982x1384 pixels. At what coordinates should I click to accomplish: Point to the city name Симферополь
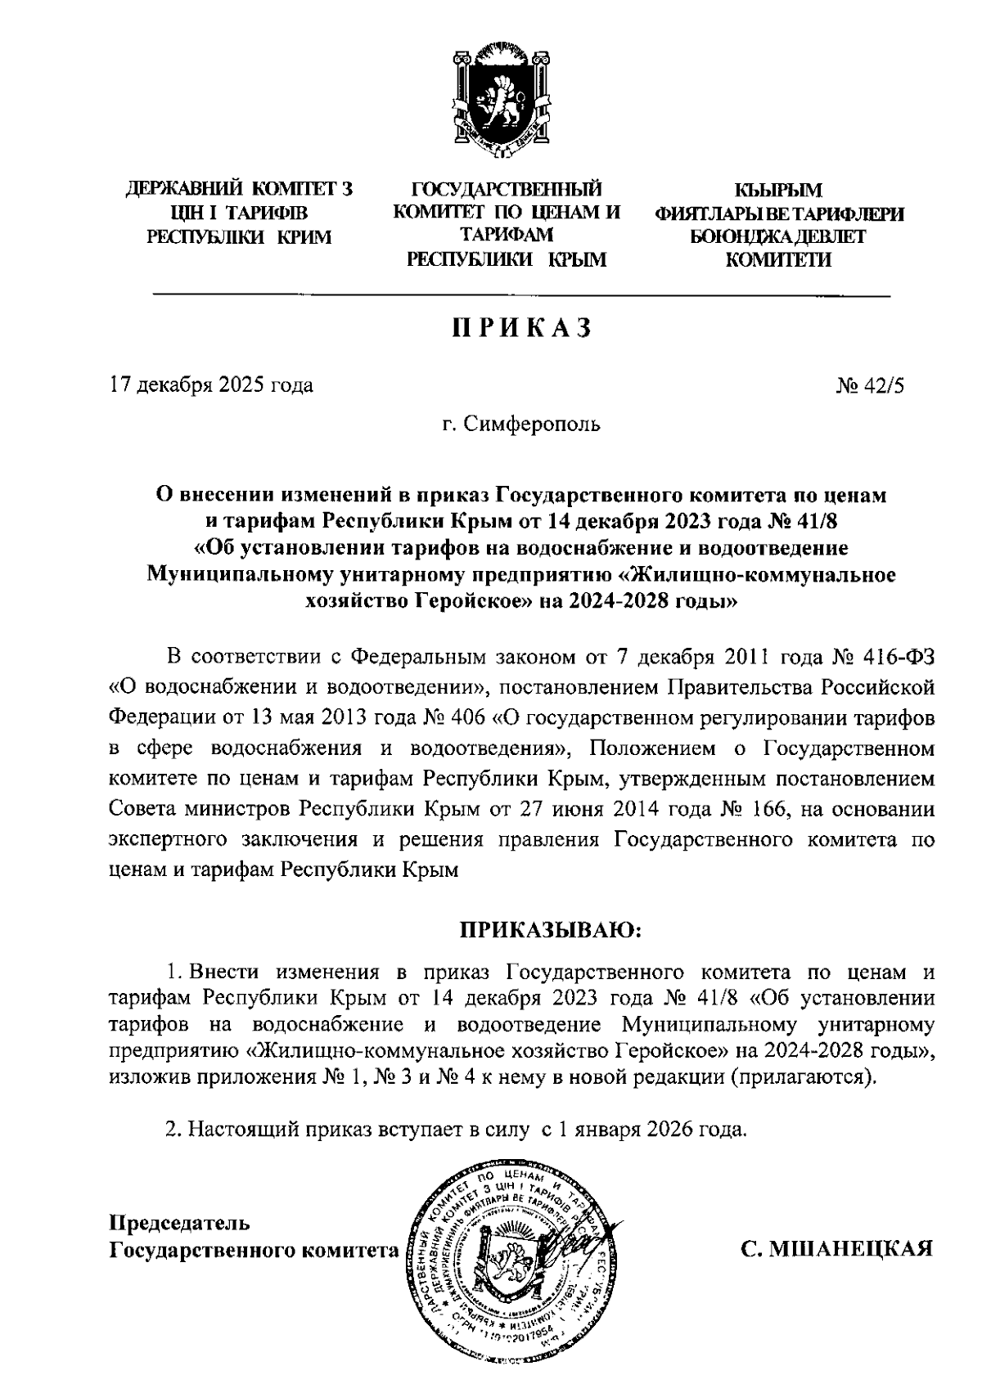coord(532,425)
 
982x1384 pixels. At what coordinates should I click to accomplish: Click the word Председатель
coord(179,1224)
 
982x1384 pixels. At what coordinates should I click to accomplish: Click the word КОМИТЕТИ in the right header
coord(779,261)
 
